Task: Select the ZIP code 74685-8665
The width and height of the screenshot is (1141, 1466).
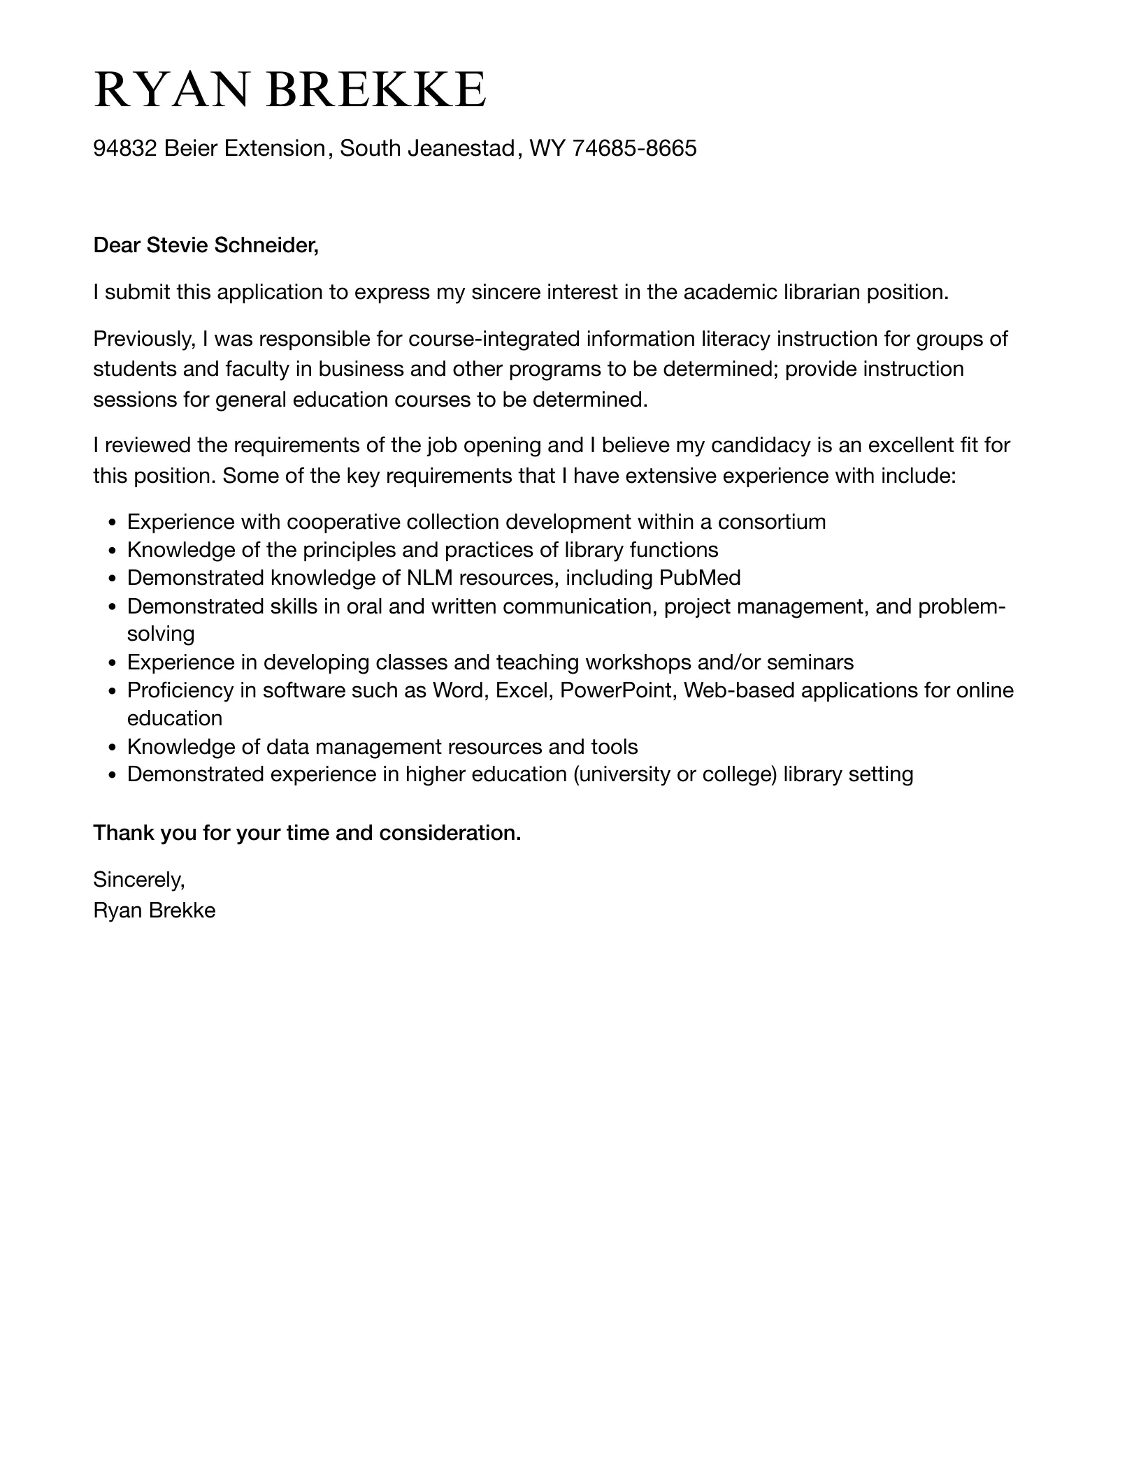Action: click(634, 148)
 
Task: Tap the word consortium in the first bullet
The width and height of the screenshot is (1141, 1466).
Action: click(772, 522)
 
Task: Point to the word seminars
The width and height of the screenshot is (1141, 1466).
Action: click(810, 662)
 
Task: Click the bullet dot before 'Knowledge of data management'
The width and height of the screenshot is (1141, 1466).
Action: click(112, 748)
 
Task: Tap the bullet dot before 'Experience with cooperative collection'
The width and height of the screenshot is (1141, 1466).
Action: click(112, 523)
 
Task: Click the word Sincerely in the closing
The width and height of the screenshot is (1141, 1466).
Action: click(138, 880)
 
